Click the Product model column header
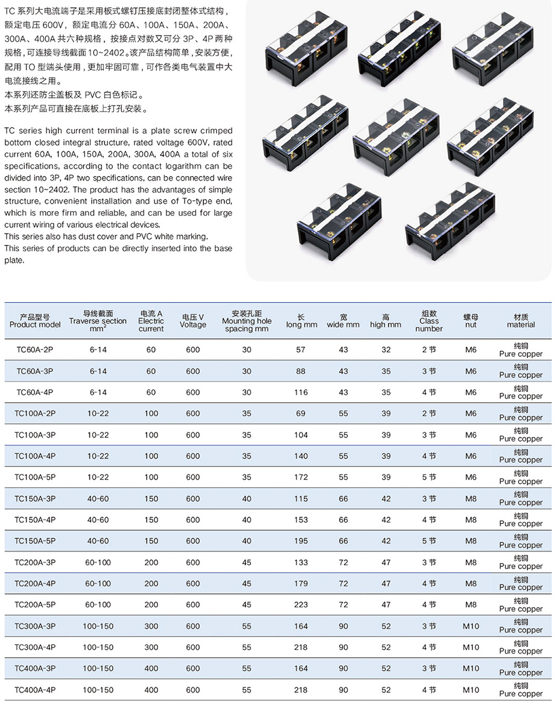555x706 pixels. [35, 321]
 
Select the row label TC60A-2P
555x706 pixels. [35, 350]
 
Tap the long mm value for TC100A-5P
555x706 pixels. [301, 477]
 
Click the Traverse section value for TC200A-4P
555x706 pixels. [98, 584]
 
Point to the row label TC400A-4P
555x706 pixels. [35, 690]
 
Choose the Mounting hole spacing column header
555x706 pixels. [247, 321]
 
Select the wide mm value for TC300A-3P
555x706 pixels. [343, 626]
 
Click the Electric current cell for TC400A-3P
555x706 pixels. [151, 669]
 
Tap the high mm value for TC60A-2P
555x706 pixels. [386, 350]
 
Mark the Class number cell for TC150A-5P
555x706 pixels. [429, 541]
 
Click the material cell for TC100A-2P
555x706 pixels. [521, 414]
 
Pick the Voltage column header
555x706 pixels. [192, 321]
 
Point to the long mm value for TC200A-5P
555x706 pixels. [301, 605]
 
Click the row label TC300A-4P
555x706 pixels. [35, 648]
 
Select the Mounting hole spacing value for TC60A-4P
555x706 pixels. [247, 392]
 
